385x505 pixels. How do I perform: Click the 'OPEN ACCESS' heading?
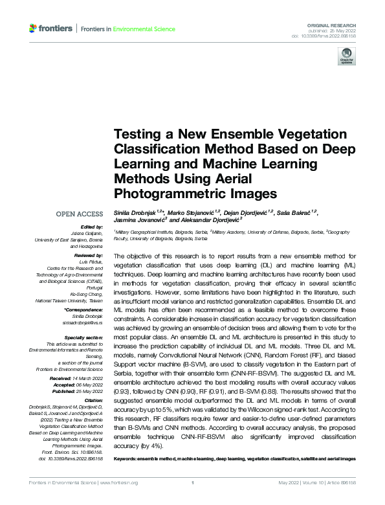click(80, 214)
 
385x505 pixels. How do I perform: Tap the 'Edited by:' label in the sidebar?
click(92, 227)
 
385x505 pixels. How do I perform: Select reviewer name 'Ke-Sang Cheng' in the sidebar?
click(87, 295)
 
